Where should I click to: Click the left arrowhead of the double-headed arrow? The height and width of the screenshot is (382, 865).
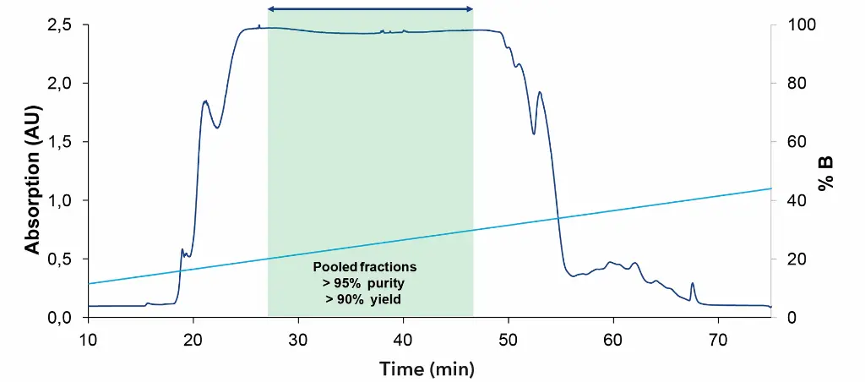[x=271, y=9]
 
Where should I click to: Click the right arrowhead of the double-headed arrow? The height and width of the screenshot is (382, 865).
[x=469, y=9]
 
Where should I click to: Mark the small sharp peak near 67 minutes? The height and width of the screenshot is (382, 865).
[x=693, y=285]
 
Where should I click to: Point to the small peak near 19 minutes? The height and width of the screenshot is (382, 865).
[x=182, y=250]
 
